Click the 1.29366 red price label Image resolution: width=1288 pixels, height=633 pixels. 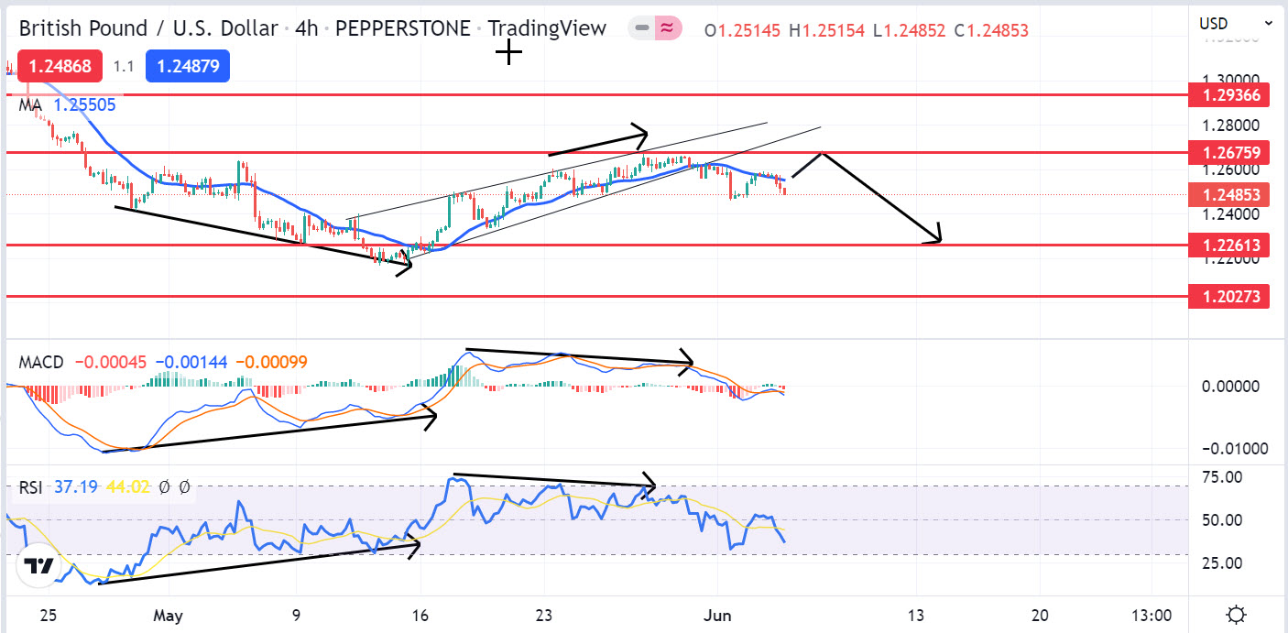(x=1228, y=95)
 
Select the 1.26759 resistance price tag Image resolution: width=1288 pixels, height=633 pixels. (x=1228, y=152)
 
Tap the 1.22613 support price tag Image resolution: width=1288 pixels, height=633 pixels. (x=1228, y=245)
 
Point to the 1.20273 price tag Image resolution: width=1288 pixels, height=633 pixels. (x=1228, y=296)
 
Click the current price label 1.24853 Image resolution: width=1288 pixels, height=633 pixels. (x=1228, y=194)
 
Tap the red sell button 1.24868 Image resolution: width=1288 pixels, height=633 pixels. (x=60, y=66)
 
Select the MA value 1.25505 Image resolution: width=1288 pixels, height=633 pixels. (x=84, y=105)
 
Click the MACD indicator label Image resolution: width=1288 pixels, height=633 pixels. (x=41, y=362)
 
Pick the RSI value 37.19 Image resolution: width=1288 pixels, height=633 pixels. (x=74, y=487)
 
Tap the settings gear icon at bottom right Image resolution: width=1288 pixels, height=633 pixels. (x=1236, y=614)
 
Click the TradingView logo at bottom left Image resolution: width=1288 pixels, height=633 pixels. (x=39, y=566)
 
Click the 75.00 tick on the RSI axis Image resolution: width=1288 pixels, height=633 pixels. (x=1222, y=477)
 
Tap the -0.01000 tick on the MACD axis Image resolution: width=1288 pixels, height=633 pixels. (x=1221, y=448)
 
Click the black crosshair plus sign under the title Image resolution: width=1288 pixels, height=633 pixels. (x=508, y=53)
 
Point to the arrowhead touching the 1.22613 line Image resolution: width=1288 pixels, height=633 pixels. (x=936, y=240)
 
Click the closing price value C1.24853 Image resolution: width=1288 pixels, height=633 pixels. (x=990, y=30)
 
